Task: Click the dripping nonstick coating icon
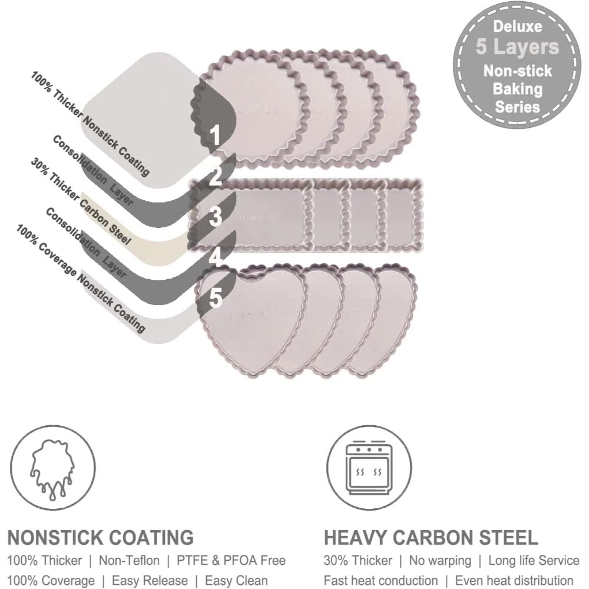click(52, 468)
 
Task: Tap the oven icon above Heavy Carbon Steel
click(369, 468)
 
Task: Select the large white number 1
click(215, 135)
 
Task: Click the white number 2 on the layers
click(215, 176)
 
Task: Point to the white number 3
click(216, 217)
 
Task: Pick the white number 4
click(216, 258)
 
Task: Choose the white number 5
click(216, 298)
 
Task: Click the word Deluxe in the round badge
click(517, 27)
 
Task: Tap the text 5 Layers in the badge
click(518, 47)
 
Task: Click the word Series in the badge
click(517, 107)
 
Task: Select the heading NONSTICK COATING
click(101, 538)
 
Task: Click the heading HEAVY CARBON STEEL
click(431, 538)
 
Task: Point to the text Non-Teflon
click(129, 561)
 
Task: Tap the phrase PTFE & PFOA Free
click(231, 561)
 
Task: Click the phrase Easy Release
click(150, 580)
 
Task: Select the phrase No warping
click(440, 561)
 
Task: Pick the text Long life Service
click(534, 561)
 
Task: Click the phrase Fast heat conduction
click(380, 580)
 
